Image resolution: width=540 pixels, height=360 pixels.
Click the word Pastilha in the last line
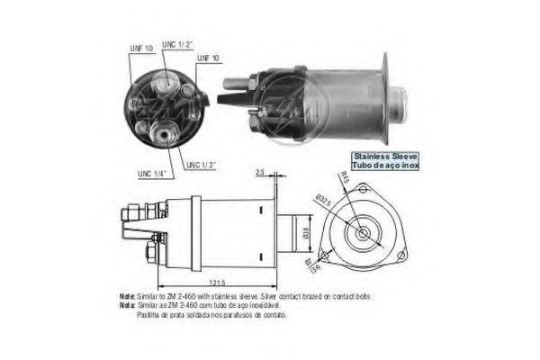pyautogui.click(x=150, y=314)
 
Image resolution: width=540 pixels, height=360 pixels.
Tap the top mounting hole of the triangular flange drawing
pyautogui.click(x=364, y=190)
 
